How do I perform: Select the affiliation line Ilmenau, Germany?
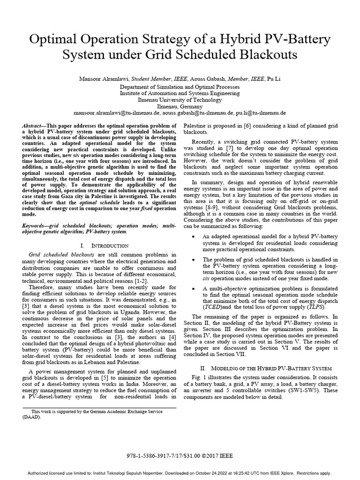pos(180,106)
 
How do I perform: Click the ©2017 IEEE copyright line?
pos(180,455)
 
